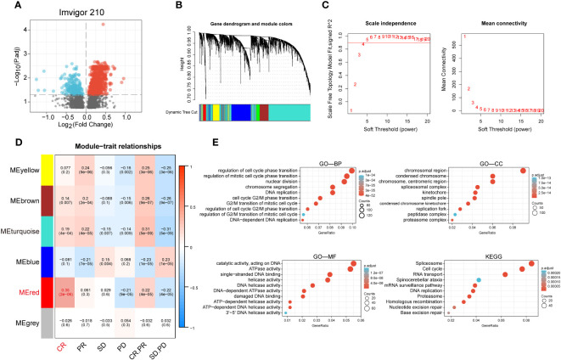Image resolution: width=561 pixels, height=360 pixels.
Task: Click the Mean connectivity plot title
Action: click(506, 16)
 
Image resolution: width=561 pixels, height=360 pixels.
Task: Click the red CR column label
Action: click(62, 348)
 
